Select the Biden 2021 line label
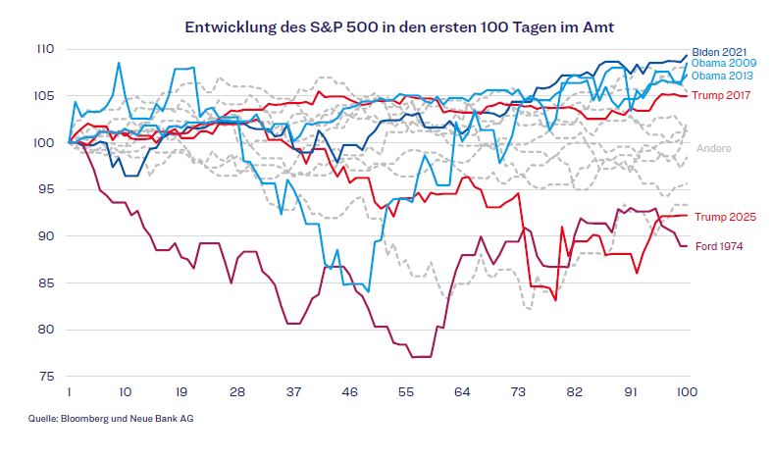719,52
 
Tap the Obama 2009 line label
724,64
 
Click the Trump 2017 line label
722,95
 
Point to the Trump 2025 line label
724,217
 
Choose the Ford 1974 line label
718,246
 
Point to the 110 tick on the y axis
45,49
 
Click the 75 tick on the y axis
47,376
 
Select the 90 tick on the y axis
47,235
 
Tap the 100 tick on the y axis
45,142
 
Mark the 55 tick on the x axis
406,391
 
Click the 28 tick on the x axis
237,391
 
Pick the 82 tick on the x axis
574,391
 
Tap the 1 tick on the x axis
69,391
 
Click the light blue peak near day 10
119,63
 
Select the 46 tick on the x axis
350,391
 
